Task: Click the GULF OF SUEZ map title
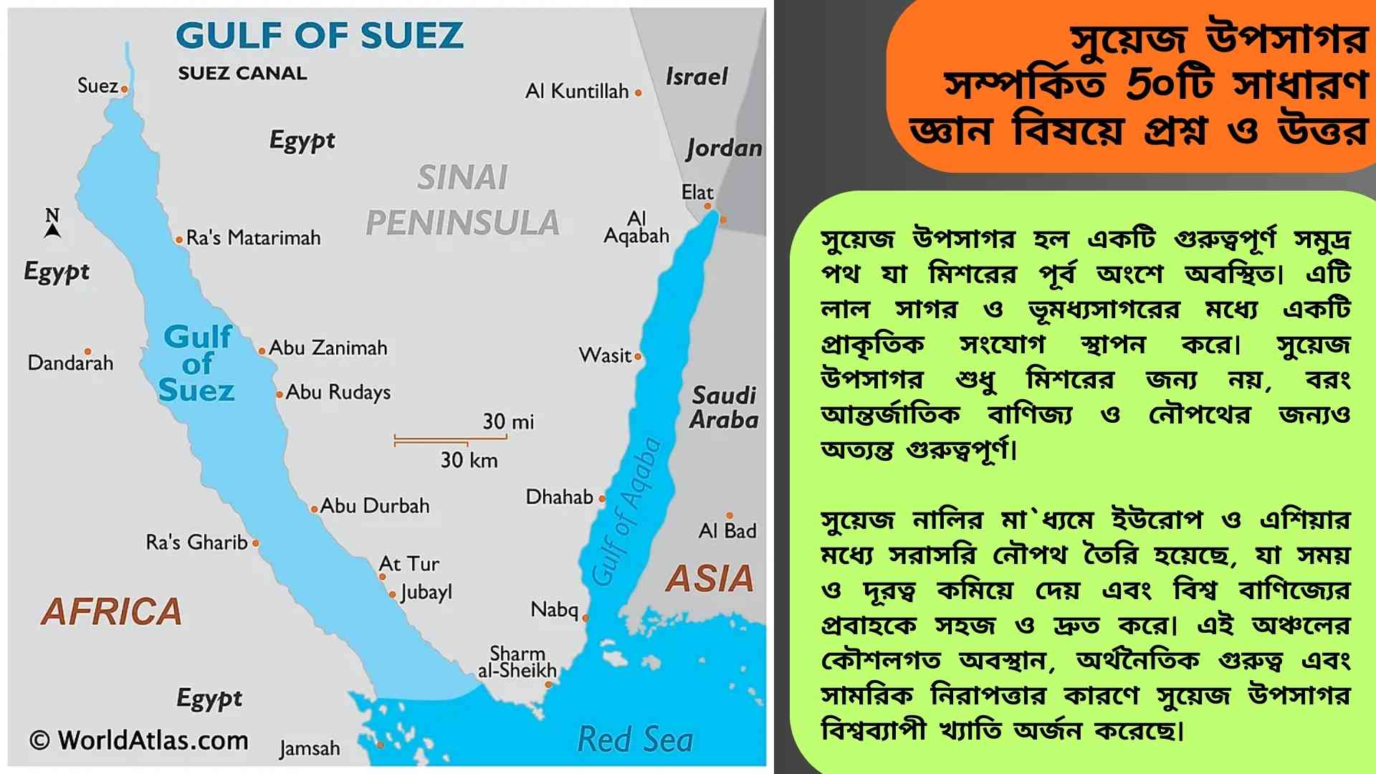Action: click(x=320, y=35)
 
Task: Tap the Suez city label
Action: click(x=97, y=86)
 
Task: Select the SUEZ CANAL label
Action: click(x=242, y=73)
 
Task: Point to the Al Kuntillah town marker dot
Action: click(x=638, y=92)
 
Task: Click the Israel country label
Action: click(x=697, y=76)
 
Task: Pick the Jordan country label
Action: click(x=724, y=148)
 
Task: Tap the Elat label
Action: click(x=697, y=192)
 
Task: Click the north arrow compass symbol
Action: click(x=52, y=224)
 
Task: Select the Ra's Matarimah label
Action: click(x=253, y=238)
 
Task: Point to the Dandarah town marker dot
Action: click(x=87, y=351)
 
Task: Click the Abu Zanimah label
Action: click(x=328, y=348)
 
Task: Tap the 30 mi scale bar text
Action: click(x=508, y=421)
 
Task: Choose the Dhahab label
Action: click(x=560, y=497)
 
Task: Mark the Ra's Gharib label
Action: click(x=197, y=543)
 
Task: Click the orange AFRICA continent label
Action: click(x=112, y=611)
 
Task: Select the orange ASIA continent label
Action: click(x=709, y=579)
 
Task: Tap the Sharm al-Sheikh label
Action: click(x=517, y=662)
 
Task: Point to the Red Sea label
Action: click(x=635, y=740)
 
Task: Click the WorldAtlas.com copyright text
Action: click(x=139, y=740)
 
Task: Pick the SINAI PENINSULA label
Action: click(x=462, y=201)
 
